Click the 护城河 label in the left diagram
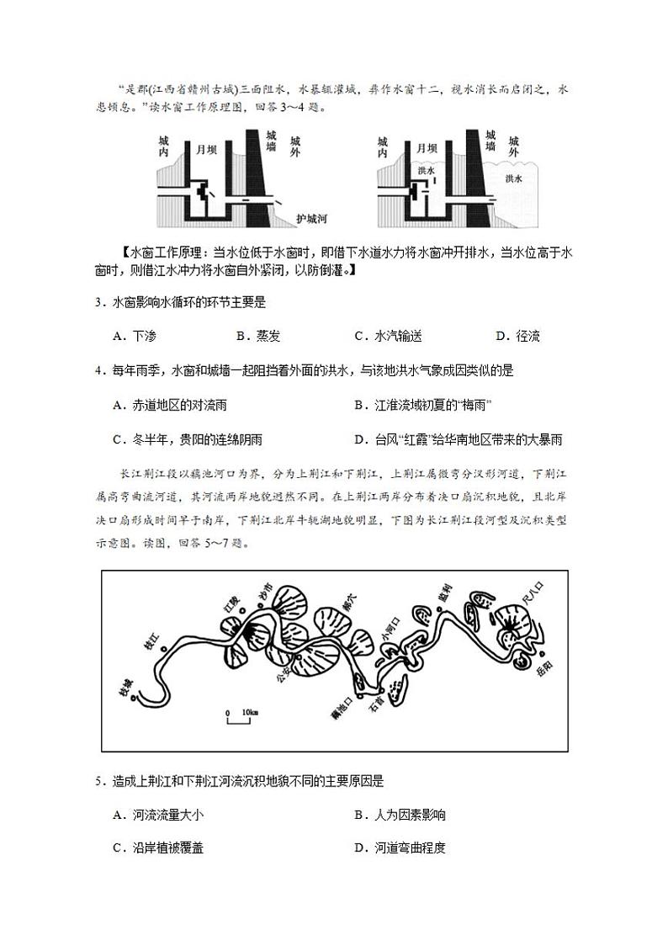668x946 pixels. [310, 219]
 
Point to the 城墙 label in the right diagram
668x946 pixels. [490, 140]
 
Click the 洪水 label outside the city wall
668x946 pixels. [514, 178]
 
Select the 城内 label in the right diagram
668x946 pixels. [383, 147]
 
